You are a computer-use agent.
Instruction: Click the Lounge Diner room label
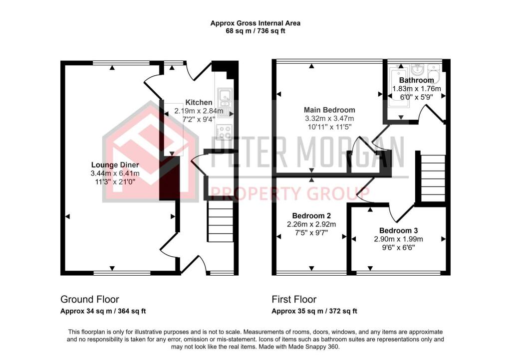click(x=115, y=165)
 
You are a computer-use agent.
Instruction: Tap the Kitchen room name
click(x=199, y=102)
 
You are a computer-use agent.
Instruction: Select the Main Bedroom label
click(x=329, y=110)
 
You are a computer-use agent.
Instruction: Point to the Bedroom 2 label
click(x=311, y=215)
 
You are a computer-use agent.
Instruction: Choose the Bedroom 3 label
click(x=399, y=230)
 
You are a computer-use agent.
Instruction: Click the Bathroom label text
click(x=417, y=80)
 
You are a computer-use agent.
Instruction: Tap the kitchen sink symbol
click(x=225, y=98)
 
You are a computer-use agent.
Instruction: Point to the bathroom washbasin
click(x=417, y=69)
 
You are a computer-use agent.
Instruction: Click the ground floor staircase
click(x=221, y=221)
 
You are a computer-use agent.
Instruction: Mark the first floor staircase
click(x=433, y=178)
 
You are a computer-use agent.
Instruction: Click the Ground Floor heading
click(x=90, y=300)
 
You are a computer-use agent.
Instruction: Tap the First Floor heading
click(x=294, y=300)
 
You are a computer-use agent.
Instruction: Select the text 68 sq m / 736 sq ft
click(x=255, y=31)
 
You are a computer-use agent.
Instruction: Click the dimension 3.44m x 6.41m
click(x=115, y=173)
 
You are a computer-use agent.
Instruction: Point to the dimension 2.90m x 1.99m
click(x=399, y=239)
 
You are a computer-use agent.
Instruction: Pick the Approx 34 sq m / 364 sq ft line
click(x=103, y=311)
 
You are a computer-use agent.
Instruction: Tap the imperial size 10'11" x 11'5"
click(x=329, y=127)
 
